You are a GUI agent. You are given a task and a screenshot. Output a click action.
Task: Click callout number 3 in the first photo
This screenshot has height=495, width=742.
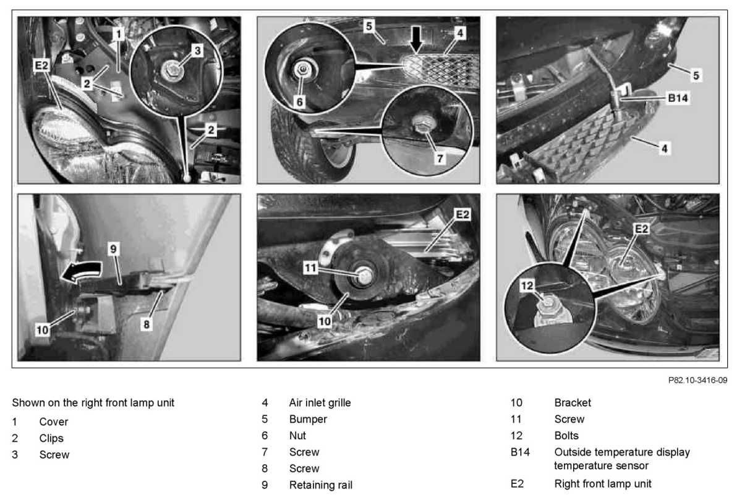coord(197,51)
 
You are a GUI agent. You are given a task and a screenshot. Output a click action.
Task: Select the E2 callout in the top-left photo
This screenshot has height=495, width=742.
coord(41,64)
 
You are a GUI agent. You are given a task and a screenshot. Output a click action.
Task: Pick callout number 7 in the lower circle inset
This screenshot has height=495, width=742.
coord(439,158)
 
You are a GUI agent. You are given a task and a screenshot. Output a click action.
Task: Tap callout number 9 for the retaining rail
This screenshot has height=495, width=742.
coord(114,248)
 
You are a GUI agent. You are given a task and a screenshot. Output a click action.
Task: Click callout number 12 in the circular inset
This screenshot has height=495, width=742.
coord(526,286)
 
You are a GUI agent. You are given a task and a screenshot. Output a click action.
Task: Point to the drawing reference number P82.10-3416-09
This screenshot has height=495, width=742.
coord(697,380)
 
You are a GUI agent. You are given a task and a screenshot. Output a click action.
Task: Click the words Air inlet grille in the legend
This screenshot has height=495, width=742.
coord(320,403)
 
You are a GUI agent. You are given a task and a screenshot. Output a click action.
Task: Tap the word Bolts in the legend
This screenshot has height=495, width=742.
coord(567,436)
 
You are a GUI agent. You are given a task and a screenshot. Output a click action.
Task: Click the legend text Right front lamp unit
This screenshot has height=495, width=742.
coord(602,483)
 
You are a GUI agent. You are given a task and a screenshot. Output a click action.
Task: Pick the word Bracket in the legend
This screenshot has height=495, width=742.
coord(573,403)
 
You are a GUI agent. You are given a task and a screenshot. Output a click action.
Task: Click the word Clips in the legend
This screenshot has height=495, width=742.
coord(51,438)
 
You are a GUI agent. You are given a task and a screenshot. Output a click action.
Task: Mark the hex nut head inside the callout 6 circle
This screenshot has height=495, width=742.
coord(303,69)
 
